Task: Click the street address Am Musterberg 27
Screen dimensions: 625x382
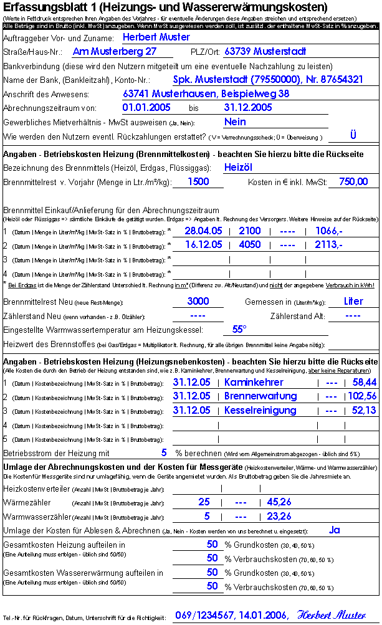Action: pos(114,52)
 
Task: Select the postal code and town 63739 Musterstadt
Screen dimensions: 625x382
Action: pos(264,52)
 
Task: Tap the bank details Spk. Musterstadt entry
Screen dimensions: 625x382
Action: pos(267,80)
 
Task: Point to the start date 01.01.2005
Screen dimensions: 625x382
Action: pos(146,108)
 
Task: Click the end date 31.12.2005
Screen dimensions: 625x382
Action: pos(248,108)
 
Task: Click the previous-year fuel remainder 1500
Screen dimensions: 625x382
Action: pos(198,182)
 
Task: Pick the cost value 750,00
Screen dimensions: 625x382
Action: pos(353,182)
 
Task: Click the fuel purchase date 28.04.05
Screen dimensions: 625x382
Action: pos(204,231)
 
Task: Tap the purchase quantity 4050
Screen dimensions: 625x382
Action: pos(249,245)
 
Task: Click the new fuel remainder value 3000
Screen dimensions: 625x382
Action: pos(198,302)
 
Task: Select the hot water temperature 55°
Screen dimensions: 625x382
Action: pos(239,330)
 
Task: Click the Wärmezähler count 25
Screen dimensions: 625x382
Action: pos(204,502)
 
